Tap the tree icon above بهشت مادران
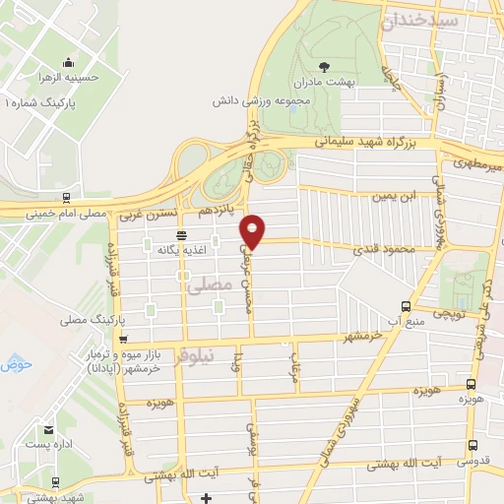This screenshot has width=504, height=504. click(325, 66)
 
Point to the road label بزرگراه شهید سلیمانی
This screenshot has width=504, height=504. click(382, 143)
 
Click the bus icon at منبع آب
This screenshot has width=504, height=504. click(406, 306)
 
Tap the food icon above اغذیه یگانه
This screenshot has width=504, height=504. click(181, 234)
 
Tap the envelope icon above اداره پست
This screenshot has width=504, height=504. click(48, 431)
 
